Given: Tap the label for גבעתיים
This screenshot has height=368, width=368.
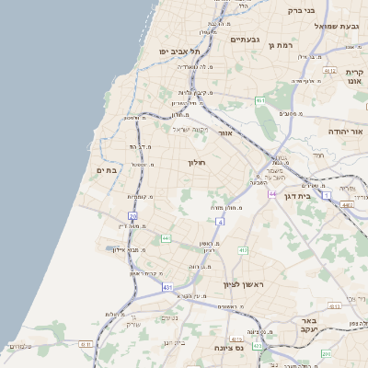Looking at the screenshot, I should coord(246,40).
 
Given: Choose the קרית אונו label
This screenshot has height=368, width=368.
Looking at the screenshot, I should coord(355,76).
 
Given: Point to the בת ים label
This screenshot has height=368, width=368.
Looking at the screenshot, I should coord(108,170).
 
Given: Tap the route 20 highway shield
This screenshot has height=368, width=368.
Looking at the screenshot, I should coord(132,217).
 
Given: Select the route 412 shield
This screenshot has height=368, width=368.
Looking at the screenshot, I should coord(243,249).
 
